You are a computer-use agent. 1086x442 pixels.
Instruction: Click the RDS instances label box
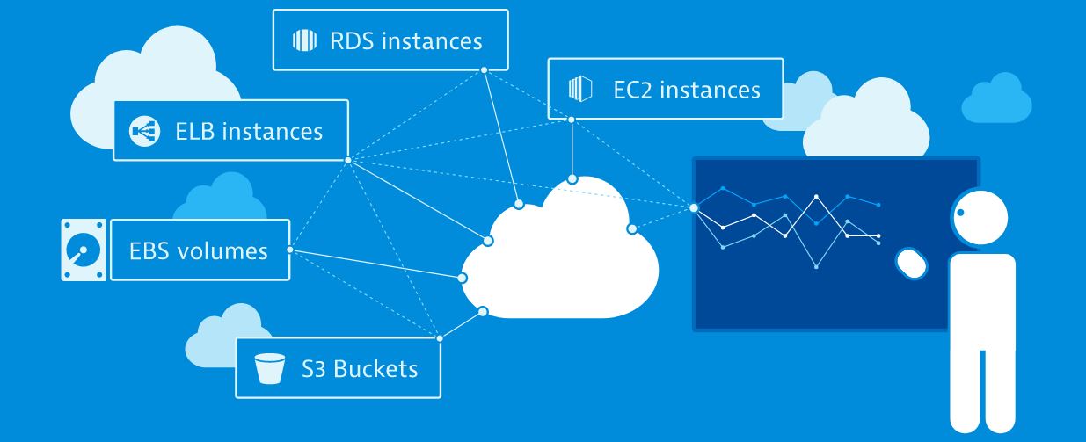pos(390,40)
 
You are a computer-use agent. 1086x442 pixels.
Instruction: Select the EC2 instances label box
pos(665,89)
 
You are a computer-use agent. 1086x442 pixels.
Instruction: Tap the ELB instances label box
pos(230,130)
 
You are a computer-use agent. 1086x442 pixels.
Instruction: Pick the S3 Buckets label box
pos(338,366)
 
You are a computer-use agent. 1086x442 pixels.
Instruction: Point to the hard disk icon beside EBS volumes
pos(82,250)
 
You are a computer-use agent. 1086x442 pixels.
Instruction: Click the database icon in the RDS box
pos(303,40)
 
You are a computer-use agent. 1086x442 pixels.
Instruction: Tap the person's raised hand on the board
pos(912,262)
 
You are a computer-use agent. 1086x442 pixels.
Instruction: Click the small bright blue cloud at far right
pos(995,99)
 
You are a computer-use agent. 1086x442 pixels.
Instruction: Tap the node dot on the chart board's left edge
pos(694,208)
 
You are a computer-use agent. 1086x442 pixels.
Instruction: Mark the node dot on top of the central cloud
pos(572,179)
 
